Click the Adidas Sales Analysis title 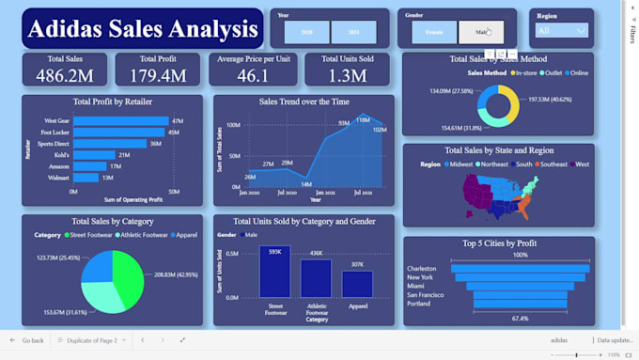(x=143, y=29)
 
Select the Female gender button (x=434, y=32)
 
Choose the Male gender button (x=480, y=32)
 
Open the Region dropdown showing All (x=561, y=31)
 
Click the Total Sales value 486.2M (x=64, y=75)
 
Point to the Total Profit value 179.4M (x=158, y=75)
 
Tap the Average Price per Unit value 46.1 (x=253, y=75)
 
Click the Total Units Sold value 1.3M (x=349, y=75)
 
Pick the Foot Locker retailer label (x=56, y=133)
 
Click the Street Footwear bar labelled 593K (x=274, y=272)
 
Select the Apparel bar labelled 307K (x=357, y=284)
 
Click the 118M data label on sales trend (x=363, y=120)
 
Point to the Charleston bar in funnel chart (x=520, y=268)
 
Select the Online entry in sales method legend (x=577, y=72)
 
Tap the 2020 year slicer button (x=307, y=32)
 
